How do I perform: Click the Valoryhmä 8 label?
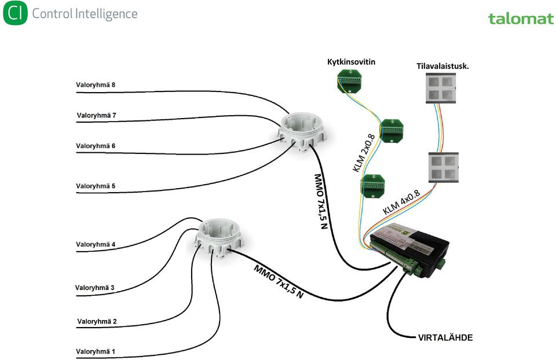point(96,85)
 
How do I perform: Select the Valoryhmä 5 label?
point(96,186)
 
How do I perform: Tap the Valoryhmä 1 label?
point(96,351)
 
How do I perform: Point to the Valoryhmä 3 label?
point(94,288)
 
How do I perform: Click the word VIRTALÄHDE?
point(445,337)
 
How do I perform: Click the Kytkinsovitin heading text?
point(351,62)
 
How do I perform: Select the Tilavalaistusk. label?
point(442,66)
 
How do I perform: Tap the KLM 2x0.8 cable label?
point(364,153)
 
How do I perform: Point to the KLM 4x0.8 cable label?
point(401,202)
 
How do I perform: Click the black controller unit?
point(408,249)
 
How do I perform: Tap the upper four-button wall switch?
point(441,88)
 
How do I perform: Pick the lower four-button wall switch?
point(443,168)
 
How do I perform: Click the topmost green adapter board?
point(349,81)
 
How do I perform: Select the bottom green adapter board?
point(372,185)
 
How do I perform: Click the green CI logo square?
point(15,13)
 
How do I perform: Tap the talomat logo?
point(521,19)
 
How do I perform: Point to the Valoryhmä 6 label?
point(96,146)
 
